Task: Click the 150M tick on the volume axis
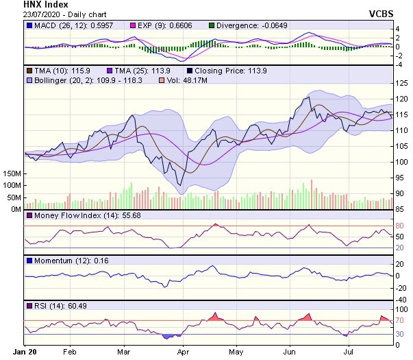pyautogui.click(x=12, y=174)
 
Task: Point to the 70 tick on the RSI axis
pyautogui.click(x=401, y=320)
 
